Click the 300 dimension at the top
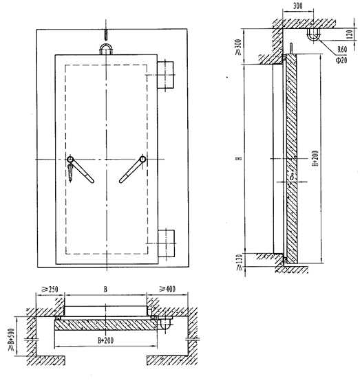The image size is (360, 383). coord(297,6)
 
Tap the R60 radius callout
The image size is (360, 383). coord(342,50)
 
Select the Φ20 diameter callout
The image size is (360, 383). coord(341,60)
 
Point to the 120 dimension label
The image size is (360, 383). coord(350,34)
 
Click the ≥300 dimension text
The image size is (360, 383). coord(239,47)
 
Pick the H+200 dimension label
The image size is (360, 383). coord(315,158)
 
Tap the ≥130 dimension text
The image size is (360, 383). coord(239,262)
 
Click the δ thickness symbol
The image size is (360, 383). coord(292,177)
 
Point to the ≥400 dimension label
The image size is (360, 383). coord(167,289)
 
